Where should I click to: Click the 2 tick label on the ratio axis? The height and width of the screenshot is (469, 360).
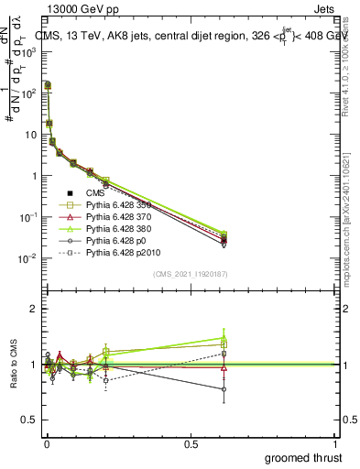click(32, 309)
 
